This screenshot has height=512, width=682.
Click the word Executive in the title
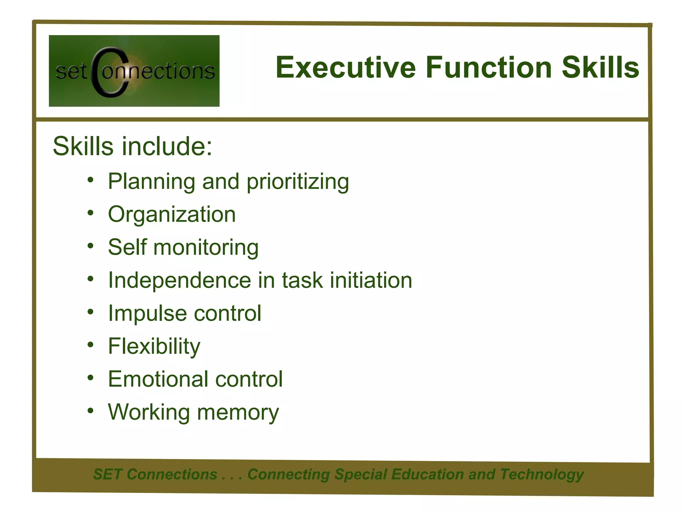pyautogui.click(x=346, y=68)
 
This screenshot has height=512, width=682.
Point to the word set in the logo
pyautogui.click(x=71, y=71)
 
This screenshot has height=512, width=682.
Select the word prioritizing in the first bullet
pyautogui.click(x=298, y=182)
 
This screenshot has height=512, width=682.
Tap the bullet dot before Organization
pyautogui.click(x=91, y=213)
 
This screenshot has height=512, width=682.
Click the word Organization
pyautogui.click(x=172, y=214)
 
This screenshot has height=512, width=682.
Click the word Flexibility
pyautogui.click(x=154, y=347)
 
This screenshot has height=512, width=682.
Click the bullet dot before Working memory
pyautogui.click(x=91, y=411)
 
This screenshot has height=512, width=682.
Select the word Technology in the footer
pyautogui.click(x=542, y=474)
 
